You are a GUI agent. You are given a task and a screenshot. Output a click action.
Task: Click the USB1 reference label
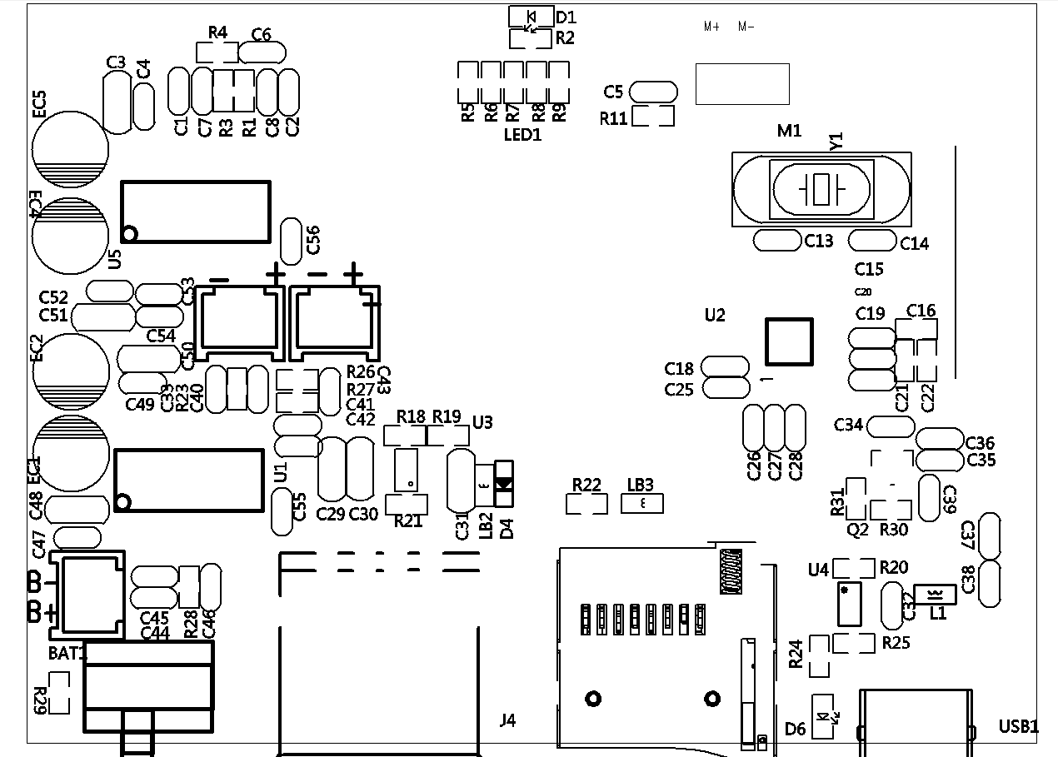[1018, 727]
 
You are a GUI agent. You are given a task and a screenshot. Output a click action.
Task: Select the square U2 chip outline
[789, 342]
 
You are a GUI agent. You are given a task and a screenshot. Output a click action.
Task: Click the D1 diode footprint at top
[530, 16]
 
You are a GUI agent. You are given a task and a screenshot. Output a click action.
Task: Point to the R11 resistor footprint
[652, 116]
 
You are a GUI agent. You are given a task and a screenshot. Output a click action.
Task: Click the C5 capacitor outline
[653, 91]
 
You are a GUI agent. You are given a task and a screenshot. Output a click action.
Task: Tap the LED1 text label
[523, 135]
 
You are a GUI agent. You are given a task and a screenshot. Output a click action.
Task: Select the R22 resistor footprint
[586, 504]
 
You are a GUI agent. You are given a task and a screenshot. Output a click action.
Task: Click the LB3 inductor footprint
[642, 504]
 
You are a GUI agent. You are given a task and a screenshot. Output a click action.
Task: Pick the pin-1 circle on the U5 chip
[129, 233]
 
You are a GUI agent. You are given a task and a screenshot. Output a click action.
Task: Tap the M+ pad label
[711, 27]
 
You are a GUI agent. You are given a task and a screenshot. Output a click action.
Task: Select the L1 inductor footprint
[935, 595]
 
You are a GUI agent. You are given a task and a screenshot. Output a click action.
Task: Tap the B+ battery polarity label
[42, 612]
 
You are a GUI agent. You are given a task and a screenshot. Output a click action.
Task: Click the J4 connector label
[507, 720]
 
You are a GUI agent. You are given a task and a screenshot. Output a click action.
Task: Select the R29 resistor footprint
[60, 694]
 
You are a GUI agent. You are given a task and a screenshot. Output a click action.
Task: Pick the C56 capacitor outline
[291, 241]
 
